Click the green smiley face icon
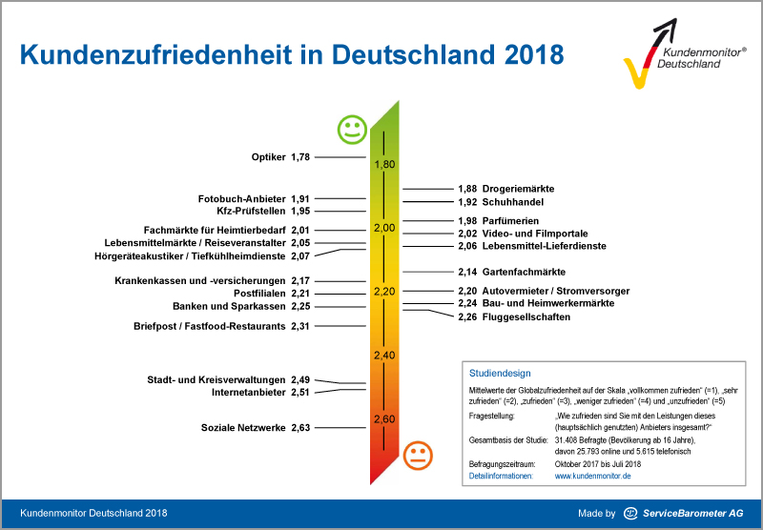(x=352, y=129)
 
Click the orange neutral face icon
(x=417, y=455)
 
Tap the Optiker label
(x=267, y=157)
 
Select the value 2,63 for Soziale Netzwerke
(x=301, y=428)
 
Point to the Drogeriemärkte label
(x=518, y=189)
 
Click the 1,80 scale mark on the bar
(x=384, y=164)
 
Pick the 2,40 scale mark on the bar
(x=384, y=355)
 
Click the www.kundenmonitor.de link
(x=592, y=475)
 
